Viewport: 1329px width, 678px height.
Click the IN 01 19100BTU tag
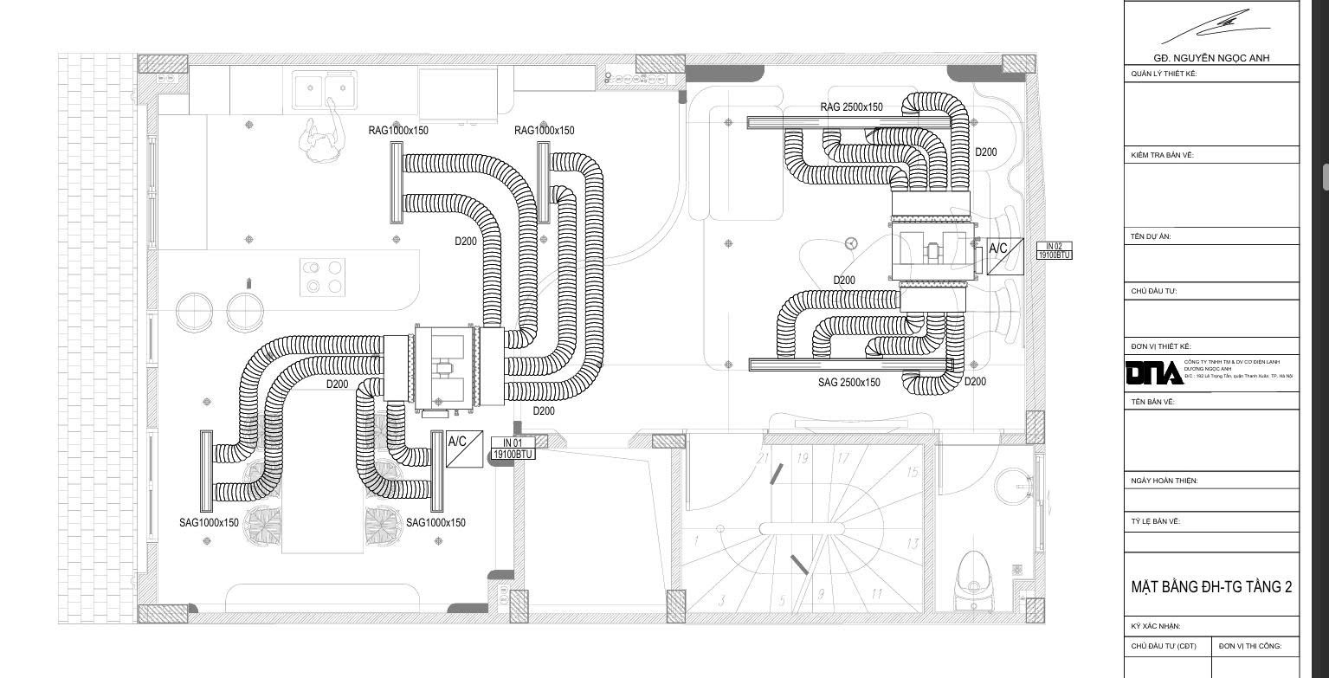tap(513, 449)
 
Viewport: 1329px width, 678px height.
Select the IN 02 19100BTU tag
tap(1054, 251)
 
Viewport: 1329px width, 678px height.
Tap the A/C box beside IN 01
tap(464, 449)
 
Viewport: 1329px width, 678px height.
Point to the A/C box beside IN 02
tap(1005, 255)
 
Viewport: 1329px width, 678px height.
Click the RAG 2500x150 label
tap(851, 107)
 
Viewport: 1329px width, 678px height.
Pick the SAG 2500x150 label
tap(848, 383)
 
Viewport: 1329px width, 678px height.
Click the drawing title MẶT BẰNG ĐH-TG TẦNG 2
tap(1211, 587)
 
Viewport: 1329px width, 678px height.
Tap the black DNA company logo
tap(1153, 372)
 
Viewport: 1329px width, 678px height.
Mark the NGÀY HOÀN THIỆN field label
tap(1164, 481)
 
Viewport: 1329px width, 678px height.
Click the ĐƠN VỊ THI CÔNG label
tap(1249, 646)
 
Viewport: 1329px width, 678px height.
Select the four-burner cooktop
tap(323, 276)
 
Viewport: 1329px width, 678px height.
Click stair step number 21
tap(763, 457)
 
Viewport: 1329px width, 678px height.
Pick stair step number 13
tap(912, 544)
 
